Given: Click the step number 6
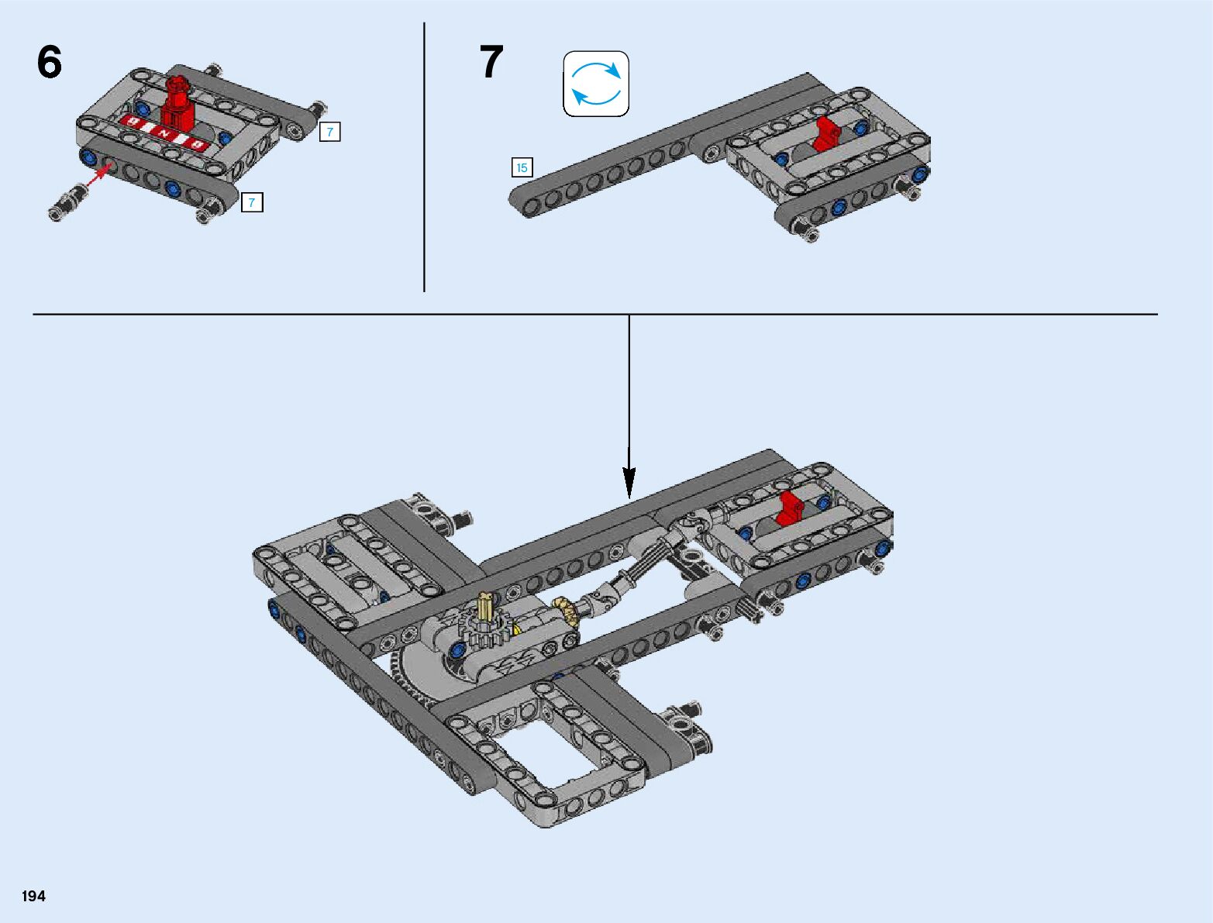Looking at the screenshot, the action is pos(50,62).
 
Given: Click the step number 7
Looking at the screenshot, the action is pos(491,62).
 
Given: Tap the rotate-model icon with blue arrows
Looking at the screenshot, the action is pos(596,84).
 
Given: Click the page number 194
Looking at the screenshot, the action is pos(33,896).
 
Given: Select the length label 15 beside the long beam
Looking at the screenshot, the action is pos(522,167).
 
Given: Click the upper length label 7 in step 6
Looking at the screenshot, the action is pos(330,132).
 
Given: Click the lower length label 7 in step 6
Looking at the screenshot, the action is pos(252,202).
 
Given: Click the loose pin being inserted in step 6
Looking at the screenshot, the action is pos(67,202).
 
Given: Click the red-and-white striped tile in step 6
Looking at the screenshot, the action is pos(163,132).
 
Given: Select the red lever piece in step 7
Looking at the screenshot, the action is pos(825,134).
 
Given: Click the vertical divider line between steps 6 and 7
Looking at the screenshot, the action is pos(424,157).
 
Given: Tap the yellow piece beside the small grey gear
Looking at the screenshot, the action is pos(516,628).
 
